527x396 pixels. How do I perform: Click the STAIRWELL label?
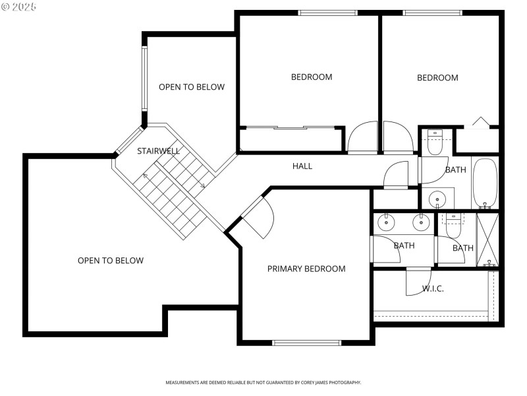158,151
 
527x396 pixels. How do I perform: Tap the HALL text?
302,166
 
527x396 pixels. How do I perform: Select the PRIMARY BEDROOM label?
306,269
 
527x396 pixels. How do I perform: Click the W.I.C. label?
433,288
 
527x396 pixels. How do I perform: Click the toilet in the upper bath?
435,143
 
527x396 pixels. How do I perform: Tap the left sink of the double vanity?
385,223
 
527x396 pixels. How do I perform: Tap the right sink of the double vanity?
419,223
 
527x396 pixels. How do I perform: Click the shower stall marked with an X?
488,240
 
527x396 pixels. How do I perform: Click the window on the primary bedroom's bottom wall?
307,343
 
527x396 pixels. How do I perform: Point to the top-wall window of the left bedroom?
328,13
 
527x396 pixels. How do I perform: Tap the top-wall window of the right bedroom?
433,13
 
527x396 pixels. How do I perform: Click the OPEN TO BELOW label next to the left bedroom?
192,87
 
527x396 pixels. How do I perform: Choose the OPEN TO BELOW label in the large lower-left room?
111,261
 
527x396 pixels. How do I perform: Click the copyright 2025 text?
19,6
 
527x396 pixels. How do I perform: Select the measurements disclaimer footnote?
263,383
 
